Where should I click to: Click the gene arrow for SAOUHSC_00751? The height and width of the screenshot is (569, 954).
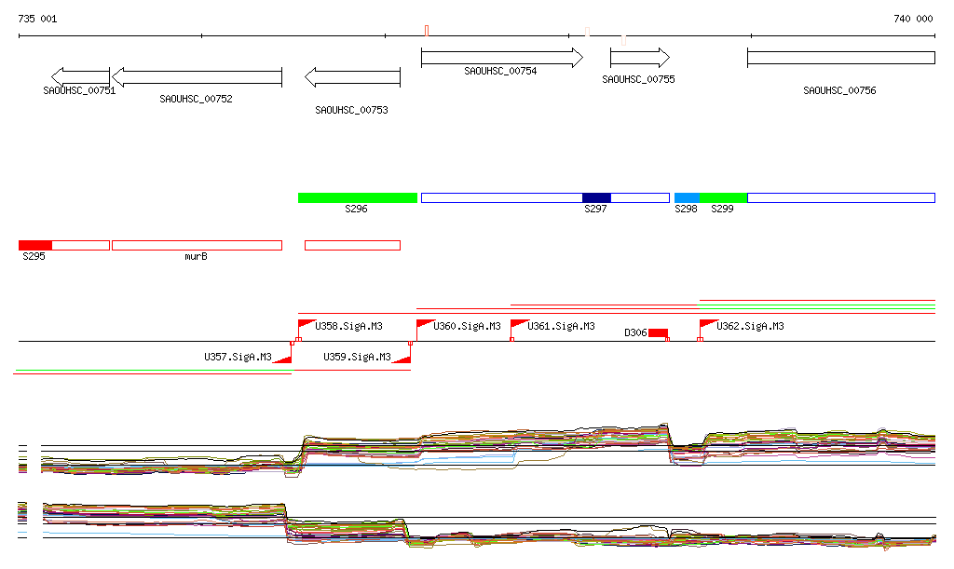coord(81,76)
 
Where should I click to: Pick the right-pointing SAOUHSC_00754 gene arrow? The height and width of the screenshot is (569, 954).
coord(501,58)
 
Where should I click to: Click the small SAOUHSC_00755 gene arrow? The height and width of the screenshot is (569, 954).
coord(640,58)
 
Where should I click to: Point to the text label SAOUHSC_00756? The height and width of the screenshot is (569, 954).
coord(839,91)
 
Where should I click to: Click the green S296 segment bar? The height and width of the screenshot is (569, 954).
coord(357,197)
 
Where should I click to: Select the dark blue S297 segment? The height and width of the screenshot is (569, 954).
coord(596,197)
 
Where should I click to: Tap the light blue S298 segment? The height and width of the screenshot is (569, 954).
coord(687,197)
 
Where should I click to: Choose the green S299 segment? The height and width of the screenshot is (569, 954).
coord(723,197)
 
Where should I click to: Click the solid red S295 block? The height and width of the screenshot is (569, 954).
coord(35,245)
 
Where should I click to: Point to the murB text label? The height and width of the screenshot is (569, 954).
coord(196,256)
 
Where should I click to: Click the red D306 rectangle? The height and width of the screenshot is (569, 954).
coord(658,333)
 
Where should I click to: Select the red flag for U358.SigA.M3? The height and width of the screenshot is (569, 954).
coord(306,325)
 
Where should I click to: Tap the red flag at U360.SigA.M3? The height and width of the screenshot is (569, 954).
coord(424,325)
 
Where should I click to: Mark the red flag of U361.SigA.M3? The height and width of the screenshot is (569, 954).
coord(518,325)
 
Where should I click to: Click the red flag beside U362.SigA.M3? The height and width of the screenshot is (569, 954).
coord(707,325)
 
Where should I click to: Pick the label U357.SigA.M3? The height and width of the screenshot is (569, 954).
coord(238,357)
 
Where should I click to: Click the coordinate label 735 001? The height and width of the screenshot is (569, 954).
coord(37,19)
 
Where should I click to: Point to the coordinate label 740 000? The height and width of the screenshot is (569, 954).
coord(913,19)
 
